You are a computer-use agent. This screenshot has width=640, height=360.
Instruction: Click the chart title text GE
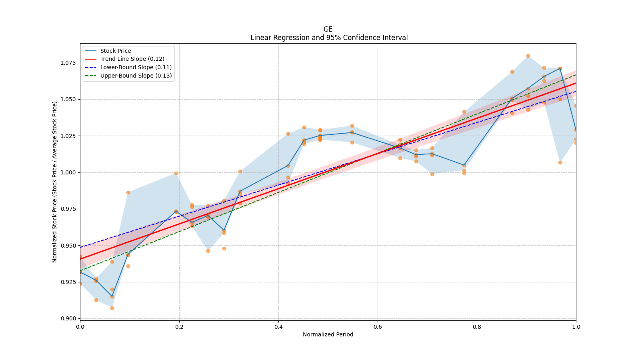point(328,29)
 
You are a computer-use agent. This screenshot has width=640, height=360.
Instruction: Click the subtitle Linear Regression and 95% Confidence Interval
point(329,38)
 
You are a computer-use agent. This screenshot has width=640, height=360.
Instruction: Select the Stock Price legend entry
point(116,51)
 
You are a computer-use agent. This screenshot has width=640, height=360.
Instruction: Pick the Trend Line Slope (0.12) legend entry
point(132,59)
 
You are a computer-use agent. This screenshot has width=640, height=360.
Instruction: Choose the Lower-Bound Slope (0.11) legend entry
point(136,67)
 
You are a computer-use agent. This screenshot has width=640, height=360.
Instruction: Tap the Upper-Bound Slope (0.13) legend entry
point(136,76)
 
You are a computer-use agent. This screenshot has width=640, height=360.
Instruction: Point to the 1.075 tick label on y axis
point(68,63)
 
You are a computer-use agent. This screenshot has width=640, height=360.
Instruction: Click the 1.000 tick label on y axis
point(68,172)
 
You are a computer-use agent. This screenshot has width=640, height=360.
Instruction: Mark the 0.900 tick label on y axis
point(68,318)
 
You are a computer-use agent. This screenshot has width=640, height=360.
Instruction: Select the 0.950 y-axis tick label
point(68,246)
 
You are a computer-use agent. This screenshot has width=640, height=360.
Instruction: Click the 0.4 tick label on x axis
point(278,327)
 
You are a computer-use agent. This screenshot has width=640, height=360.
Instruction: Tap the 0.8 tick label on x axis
point(477,327)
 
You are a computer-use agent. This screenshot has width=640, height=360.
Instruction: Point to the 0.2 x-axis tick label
point(179,327)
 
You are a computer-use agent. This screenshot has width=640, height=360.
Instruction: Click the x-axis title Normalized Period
point(328,334)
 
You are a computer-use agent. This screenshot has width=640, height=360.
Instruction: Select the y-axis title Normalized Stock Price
point(55,182)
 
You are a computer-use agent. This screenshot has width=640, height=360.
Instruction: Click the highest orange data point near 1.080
point(528,56)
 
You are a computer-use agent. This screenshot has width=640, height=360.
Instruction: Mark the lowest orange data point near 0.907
point(112,308)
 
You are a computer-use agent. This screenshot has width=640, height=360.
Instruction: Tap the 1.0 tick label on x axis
point(576,327)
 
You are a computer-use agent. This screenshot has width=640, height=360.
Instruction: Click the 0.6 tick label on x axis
point(378,327)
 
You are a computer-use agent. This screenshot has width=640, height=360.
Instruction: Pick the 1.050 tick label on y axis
point(68,99)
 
